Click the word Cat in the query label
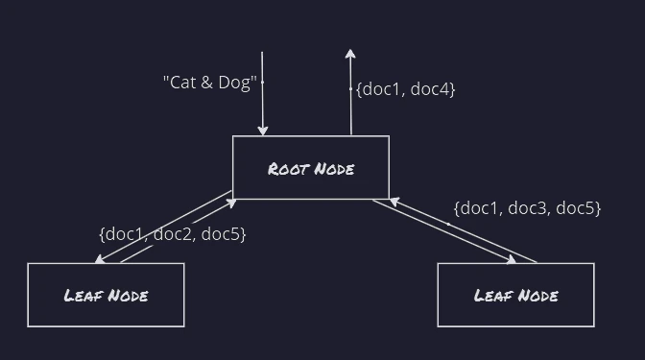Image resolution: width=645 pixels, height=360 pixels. click(183, 83)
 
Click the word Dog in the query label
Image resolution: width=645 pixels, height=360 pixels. click(234, 84)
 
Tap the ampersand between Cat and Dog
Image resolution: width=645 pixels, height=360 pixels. click(207, 83)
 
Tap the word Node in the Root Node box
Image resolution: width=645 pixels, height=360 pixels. click(334, 169)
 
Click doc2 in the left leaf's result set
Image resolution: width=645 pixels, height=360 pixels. click(174, 234)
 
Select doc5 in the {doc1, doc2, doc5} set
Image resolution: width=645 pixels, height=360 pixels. click(220, 234)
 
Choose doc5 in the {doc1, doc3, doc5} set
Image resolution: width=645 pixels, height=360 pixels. click(575, 208)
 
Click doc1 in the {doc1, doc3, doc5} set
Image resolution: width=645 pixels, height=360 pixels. click(479, 208)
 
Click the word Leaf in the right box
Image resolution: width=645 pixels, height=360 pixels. click(492, 296)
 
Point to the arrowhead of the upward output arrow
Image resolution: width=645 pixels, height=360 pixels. click(350, 54)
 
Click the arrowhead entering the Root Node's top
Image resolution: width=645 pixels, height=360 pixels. click(263, 131)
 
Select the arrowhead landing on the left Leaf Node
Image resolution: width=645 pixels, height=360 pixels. click(100, 259)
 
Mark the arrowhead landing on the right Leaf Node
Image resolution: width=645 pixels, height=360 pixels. click(512, 259)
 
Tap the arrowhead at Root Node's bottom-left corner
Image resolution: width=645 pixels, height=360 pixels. click(231, 204)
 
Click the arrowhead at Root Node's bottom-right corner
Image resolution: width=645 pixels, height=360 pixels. click(394, 202)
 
